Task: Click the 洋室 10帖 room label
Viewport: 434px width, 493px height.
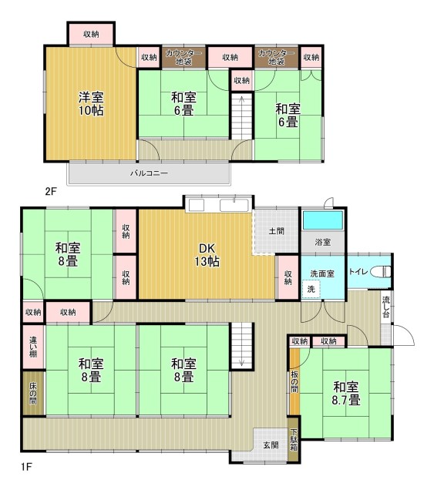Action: coord(91,104)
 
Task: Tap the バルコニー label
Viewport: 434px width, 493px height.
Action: coord(150,173)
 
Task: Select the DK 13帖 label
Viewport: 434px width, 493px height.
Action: coord(207,255)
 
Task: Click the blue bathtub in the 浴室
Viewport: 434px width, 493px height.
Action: coord(322,220)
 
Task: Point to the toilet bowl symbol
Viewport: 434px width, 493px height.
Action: coord(381,271)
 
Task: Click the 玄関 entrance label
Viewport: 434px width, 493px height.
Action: coord(271,445)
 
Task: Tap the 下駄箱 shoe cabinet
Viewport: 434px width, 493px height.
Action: coord(294,439)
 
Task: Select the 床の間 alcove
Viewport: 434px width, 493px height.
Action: coord(33,393)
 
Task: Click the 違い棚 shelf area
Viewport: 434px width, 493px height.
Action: coord(33,347)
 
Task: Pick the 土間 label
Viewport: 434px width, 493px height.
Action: coord(276,231)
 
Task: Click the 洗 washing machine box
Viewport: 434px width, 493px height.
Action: coord(311,289)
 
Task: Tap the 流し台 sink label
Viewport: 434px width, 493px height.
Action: coord(385,307)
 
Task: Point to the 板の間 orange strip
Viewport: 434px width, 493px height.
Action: coord(294,381)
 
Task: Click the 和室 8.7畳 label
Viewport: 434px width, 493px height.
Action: coord(346,393)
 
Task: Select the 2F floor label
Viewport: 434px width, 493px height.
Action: coord(51,191)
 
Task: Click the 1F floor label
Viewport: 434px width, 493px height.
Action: coord(26,467)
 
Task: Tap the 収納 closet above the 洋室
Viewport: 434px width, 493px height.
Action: coord(91,34)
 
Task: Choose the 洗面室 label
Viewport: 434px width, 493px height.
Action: coord(322,273)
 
